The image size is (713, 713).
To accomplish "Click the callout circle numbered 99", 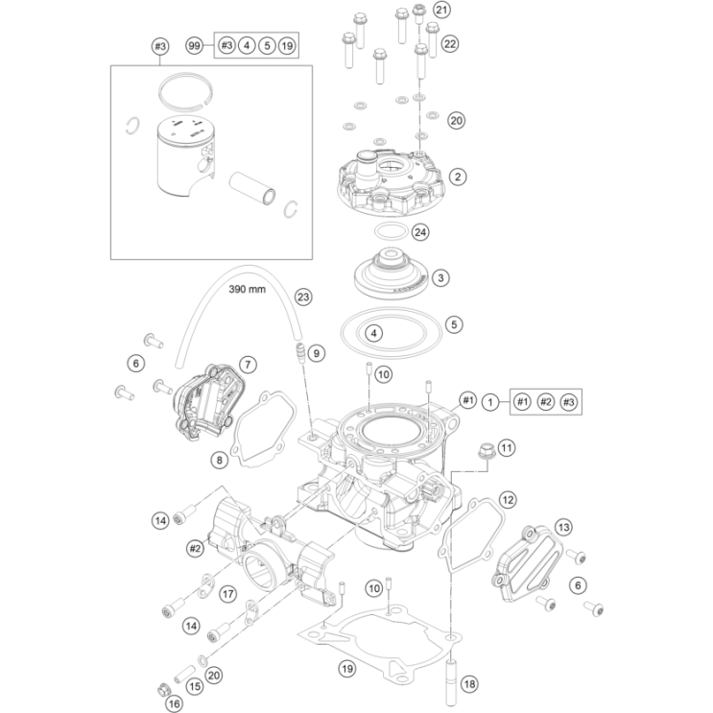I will pos(195,45).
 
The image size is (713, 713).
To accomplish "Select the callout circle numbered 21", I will pos(440,10).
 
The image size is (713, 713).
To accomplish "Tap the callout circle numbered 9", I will pos(318,355).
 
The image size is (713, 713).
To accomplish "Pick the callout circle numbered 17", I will pos(227,594).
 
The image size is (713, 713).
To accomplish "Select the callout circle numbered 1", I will pos(490,401).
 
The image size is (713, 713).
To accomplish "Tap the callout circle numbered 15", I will pos(194,686).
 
